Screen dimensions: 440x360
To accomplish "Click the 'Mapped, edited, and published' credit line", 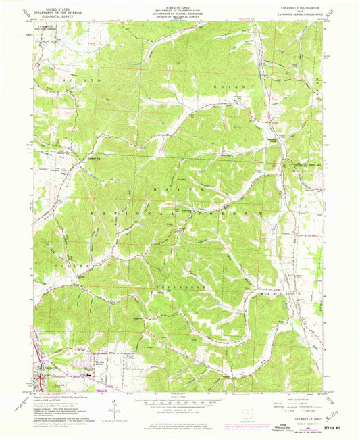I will click(x=54, y=398).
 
